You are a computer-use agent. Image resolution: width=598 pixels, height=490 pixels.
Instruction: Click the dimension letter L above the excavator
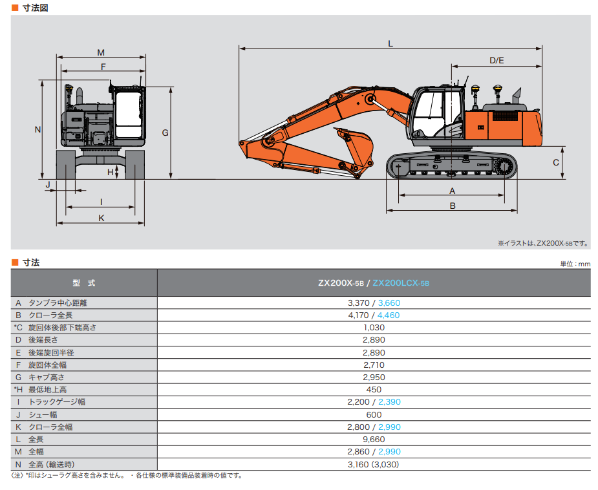point(390,43)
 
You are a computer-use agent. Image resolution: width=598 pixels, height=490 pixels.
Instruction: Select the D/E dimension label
point(497,60)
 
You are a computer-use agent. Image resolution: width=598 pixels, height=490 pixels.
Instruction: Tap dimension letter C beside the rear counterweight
point(555,163)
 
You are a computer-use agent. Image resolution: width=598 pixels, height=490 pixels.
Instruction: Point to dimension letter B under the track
point(453,206)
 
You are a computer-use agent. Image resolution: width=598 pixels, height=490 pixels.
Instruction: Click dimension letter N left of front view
point(37,129)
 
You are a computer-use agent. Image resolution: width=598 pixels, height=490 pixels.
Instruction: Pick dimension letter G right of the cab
point(166,133)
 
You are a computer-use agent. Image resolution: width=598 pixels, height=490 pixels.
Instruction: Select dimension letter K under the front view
point(101,218)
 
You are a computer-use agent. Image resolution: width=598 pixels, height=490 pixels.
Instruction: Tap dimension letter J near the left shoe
point(47,184)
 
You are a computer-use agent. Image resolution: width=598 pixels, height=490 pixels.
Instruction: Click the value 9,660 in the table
point(374,439)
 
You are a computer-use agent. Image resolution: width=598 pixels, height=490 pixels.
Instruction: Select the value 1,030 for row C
point(374,327)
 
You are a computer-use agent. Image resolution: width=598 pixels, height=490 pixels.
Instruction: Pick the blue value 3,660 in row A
point(389,303)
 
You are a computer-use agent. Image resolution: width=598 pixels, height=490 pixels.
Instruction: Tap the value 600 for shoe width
point(374,414)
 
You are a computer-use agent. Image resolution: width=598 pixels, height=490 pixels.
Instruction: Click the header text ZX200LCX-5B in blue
point(401,283)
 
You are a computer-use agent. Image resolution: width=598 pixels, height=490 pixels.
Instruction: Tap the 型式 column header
point(84,283)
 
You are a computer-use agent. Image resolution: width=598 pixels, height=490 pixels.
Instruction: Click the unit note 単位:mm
point(575,264)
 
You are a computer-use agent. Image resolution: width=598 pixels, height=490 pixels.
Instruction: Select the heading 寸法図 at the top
point(35,8)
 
